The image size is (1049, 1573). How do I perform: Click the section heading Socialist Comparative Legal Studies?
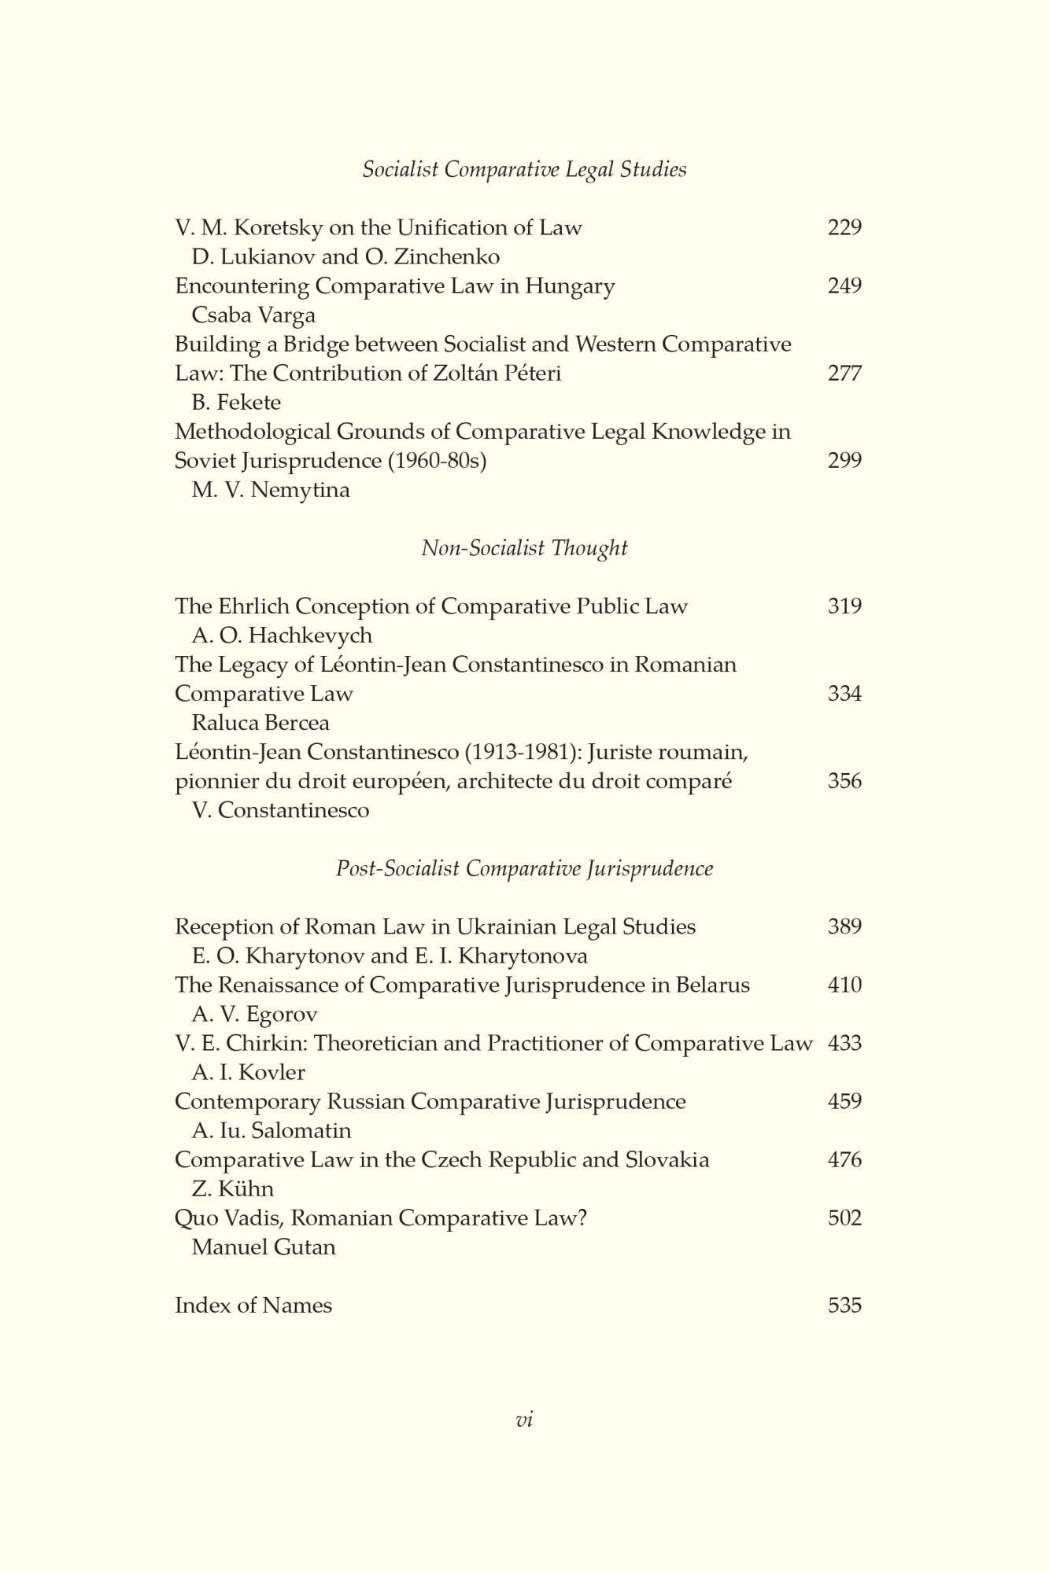(524, 170)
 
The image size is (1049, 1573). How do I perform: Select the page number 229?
(844, 227)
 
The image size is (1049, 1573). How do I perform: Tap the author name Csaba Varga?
(253, 315)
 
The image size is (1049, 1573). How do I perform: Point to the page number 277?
(844, 373)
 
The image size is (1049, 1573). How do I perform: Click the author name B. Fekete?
(236, 403)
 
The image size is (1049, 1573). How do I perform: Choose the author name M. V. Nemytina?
(271, 490)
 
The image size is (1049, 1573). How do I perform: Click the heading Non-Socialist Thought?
(524, 548)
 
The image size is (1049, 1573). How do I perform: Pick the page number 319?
(844, 606)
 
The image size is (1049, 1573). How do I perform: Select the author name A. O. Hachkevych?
(282, 635)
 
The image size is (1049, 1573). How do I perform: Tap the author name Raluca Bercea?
(260, 723)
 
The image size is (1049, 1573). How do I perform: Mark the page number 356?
(844, 781)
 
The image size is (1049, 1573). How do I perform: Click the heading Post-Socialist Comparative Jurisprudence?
(524, 868)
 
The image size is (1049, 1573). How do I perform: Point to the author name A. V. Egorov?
(254, 1015)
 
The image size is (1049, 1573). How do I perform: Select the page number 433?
(844, 1044)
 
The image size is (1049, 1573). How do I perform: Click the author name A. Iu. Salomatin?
(271, 1131)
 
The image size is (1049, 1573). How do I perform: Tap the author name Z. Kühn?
(232, 1189)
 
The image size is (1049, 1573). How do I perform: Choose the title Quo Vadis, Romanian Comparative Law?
(381, 1218)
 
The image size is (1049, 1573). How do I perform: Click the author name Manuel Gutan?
(264, 1247)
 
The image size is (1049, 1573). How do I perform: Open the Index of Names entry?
(253, 1306)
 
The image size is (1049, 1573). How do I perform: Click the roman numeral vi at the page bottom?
(524, 1420)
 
